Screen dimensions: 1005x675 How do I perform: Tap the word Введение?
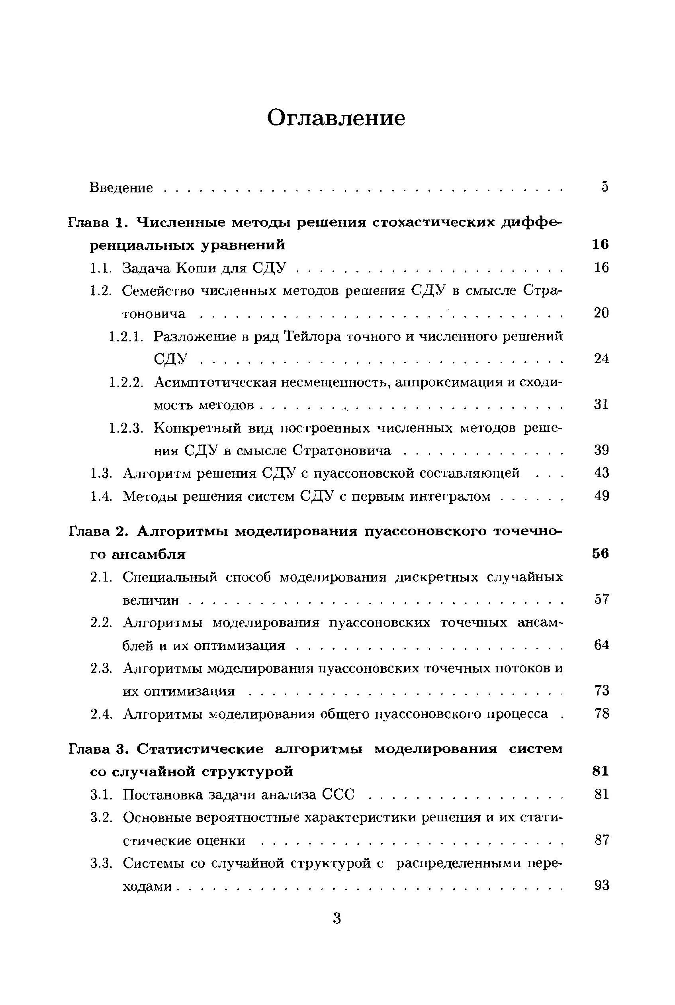121,188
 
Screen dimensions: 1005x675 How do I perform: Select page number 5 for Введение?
605,187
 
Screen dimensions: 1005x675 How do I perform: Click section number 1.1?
101,268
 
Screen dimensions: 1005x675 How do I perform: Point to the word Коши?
197,268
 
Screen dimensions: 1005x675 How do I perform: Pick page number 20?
601,313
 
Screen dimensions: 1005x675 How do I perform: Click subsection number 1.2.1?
125,336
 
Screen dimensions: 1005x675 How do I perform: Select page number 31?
601,404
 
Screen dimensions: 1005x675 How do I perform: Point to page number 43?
601,473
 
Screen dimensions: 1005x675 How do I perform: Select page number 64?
601,645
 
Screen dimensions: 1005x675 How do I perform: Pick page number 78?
601,714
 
